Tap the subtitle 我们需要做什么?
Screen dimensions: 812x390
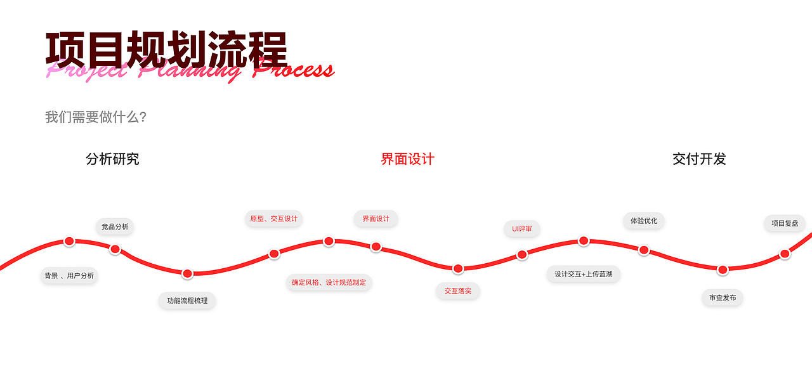click(x=96, y=117)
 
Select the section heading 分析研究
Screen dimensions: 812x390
click(x=112, y=159)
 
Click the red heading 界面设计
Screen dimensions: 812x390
click(x=407, y=159)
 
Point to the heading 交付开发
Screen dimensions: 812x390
click(x=699, y=159)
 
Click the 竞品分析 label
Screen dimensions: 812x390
click(x=115, y=226)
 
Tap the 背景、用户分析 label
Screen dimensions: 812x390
click(x=69, y=276)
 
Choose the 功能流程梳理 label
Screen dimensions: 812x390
click(x=187, y=301)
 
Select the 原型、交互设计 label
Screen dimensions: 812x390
click(x=273, y=219)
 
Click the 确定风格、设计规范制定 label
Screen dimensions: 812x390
click(x=329, y=282)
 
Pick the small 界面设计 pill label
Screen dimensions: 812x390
click(x=376, y=219)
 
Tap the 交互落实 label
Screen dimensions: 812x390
click(x=457, y=291)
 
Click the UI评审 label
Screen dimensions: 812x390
click(x=521, y=229)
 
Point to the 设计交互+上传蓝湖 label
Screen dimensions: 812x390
click(x=583, y=274)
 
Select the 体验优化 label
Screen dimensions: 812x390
click(x=643, y=221)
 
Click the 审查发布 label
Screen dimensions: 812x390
click(x=722, y=297)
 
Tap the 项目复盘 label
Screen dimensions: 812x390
click(x=785, y=223)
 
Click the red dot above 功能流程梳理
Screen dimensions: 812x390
click(x=187, y=274)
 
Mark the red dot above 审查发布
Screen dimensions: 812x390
click(x=723, y=270)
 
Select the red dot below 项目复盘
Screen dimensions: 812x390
click(x=785, y=254)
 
